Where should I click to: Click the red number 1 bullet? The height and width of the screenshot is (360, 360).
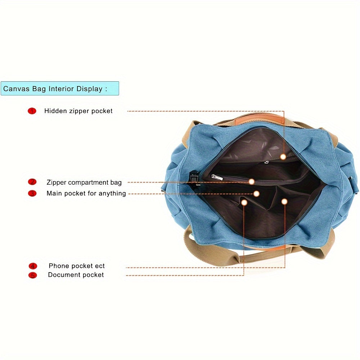(x=32, y=111)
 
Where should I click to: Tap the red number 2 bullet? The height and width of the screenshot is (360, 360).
(x=32, y=182)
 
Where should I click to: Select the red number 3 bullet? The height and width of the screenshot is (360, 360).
(x=32, y=193)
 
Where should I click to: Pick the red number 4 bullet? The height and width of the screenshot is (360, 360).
(x=33, y=266)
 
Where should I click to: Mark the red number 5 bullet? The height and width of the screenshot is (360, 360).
(x=33, y=275)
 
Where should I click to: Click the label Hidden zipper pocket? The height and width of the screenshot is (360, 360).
(x=78, y=111)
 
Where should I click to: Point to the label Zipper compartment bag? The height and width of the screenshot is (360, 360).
(x=84, y=182)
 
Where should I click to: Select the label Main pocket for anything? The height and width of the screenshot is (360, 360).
(x=86, y=193)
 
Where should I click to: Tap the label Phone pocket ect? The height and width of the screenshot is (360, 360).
(x=76, y=266)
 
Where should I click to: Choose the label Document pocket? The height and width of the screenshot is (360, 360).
(x=76, y=275)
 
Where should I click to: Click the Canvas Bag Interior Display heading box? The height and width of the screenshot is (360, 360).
(x=60, y=89)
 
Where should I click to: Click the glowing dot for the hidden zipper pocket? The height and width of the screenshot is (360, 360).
(x=283, y=157)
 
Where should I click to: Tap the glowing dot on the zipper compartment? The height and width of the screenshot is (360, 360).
(x=252, y=181)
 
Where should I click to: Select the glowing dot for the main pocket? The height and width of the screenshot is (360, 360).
(x=256, y=194)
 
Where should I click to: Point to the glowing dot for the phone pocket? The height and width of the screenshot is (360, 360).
(x=284, y=202)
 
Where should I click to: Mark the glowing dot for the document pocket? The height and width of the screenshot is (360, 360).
(x=244, y=202)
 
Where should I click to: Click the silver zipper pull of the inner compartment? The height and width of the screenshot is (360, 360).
(x=217, y=177)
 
